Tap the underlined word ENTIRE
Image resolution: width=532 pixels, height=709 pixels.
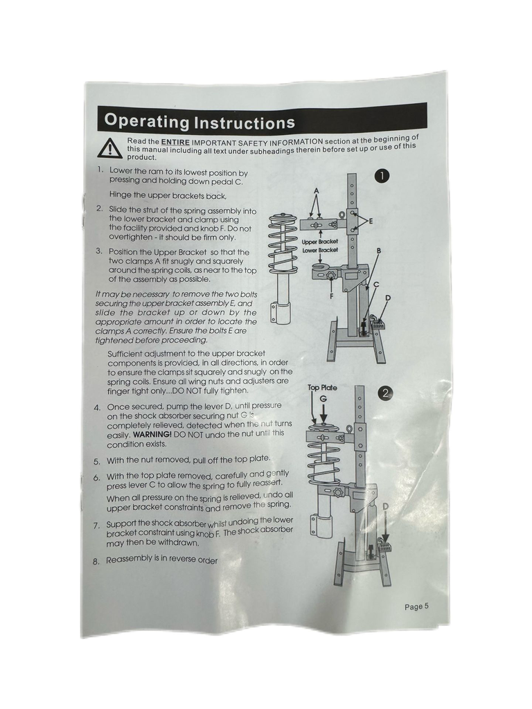(x=175, y=141)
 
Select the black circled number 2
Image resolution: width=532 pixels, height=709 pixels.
(x=385, y=393)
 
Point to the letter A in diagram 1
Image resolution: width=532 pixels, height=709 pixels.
(x=316, y=191)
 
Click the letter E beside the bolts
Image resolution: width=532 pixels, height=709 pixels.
(x=371, y=221)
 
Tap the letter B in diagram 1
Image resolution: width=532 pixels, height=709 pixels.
(x=378, y=250)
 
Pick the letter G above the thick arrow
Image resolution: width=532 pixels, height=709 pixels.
(x=323, y=400)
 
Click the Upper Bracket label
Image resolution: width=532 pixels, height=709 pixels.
(x=320, y=242)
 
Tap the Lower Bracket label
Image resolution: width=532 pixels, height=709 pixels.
(x=320, y=250)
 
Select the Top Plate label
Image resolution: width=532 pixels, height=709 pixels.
(x=322, y=388)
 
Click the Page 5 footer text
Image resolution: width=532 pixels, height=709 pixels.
(x=416, y=607)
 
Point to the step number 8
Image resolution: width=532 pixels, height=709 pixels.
(x=96, y=562)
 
